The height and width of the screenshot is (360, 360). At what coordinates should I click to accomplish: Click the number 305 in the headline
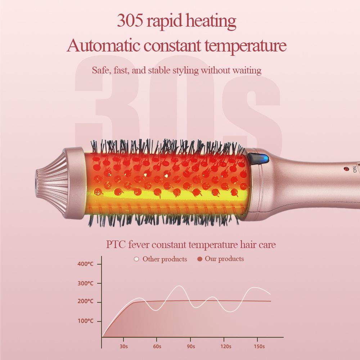[130, 21]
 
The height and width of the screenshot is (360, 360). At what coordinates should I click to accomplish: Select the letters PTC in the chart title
[116, 245]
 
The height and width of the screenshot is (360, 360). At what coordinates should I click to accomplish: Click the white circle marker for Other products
[136, 259]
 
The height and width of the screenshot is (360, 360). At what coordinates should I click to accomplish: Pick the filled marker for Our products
[200, 259]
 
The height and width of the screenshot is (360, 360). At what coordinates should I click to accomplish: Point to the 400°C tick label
[85, 264]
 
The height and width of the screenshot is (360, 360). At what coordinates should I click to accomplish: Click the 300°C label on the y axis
[85, 283]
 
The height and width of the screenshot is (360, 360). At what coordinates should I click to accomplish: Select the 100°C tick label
[85, 321]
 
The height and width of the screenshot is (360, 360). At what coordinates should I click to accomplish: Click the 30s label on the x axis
[123, 346]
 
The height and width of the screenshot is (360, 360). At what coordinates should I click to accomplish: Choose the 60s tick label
[157, 346]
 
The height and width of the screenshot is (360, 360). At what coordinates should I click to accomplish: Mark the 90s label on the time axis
[191, 346]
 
